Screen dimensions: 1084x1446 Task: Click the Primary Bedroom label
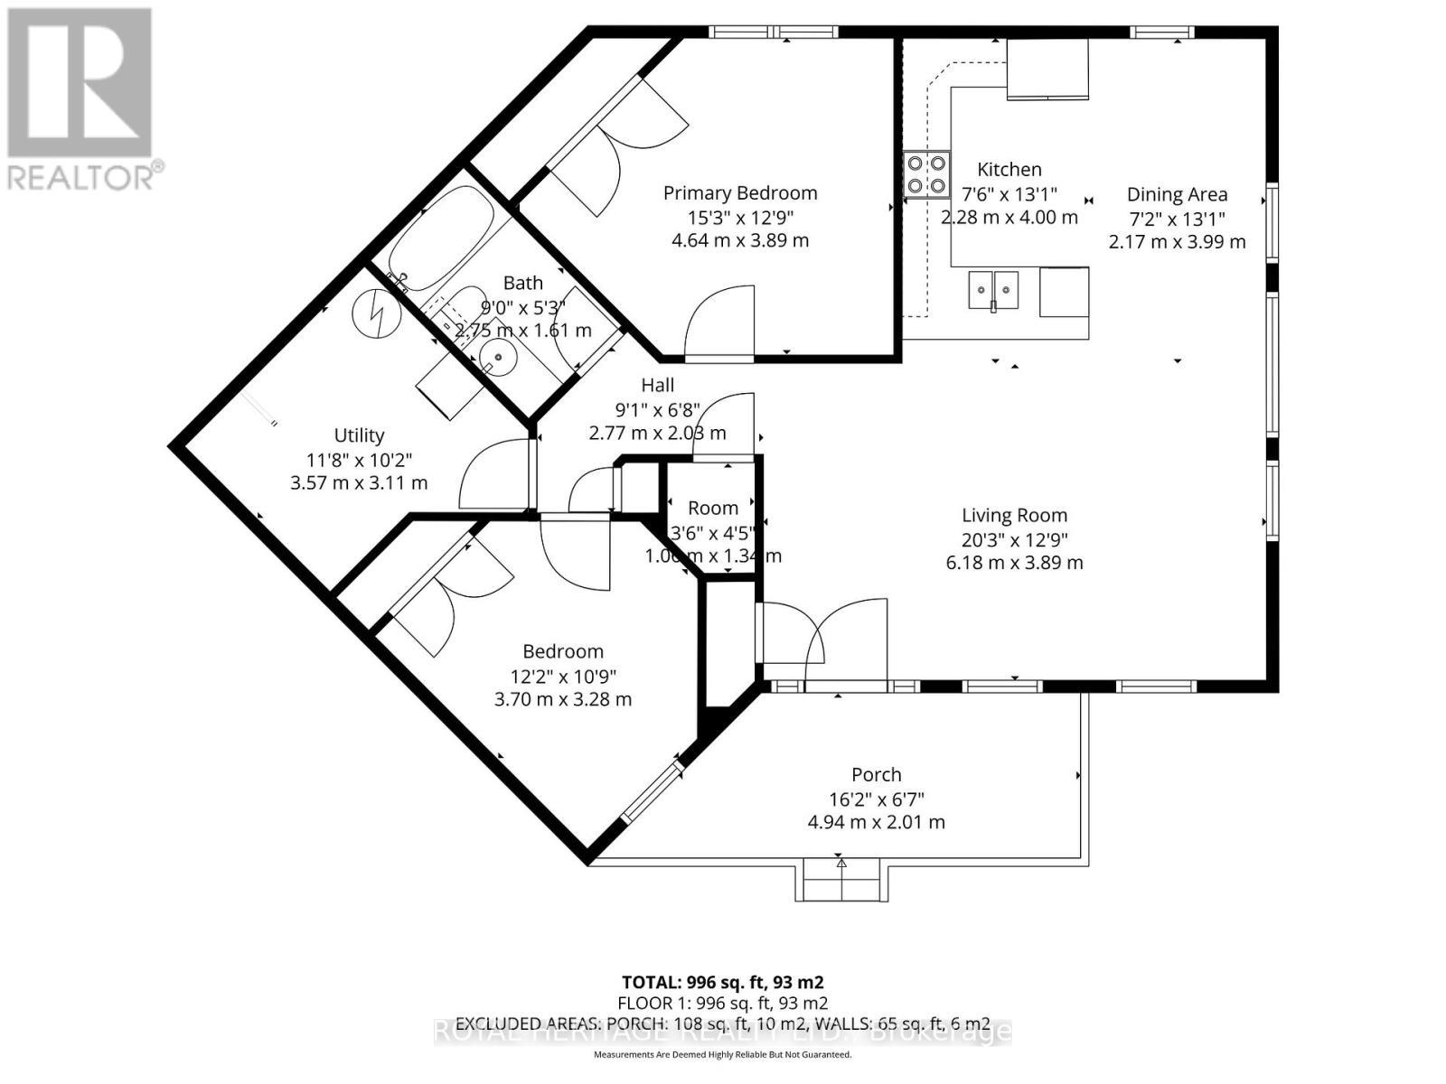739,192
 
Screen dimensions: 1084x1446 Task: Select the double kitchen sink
992,290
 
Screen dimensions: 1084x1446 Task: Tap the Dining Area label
1177,194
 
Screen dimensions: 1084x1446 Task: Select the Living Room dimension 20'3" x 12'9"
1014,539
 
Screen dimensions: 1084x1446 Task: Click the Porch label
876,775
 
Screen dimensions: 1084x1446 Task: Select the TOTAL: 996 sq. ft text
722,982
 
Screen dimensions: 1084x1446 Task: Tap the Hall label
658,386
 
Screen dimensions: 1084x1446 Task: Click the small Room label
712,508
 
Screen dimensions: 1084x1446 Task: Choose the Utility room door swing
493,474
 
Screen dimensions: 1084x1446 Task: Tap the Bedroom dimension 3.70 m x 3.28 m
562,699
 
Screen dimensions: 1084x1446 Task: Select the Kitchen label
1009,169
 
